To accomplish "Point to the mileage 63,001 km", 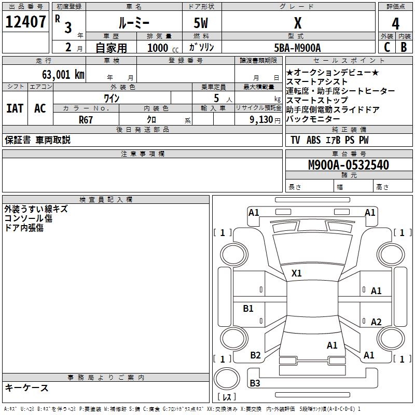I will click(57, 75).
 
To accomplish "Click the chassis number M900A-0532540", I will click(348, 165).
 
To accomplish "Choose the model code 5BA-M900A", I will click(297, 48).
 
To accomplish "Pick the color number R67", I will click(86, 119).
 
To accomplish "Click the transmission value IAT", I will click(15, 108).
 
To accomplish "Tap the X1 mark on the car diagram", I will click(297, 273).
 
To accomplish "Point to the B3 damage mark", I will click(255, 383).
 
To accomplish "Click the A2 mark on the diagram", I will click(376, 322).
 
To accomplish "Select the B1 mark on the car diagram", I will click(248, 309).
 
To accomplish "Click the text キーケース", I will click(27, 388).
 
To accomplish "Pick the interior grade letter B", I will click(404, 48).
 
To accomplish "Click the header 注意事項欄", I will click(142, 154).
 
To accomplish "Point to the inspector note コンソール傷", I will click(28, 218).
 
